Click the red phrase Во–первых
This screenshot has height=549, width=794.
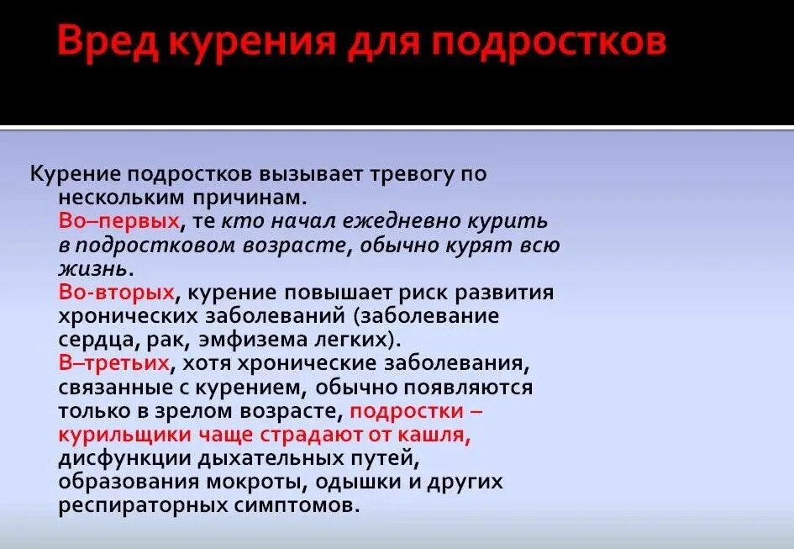tap(119, 221)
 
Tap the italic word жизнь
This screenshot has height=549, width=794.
tap(94, 269)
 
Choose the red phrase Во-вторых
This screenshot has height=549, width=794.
tap(117, 293)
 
